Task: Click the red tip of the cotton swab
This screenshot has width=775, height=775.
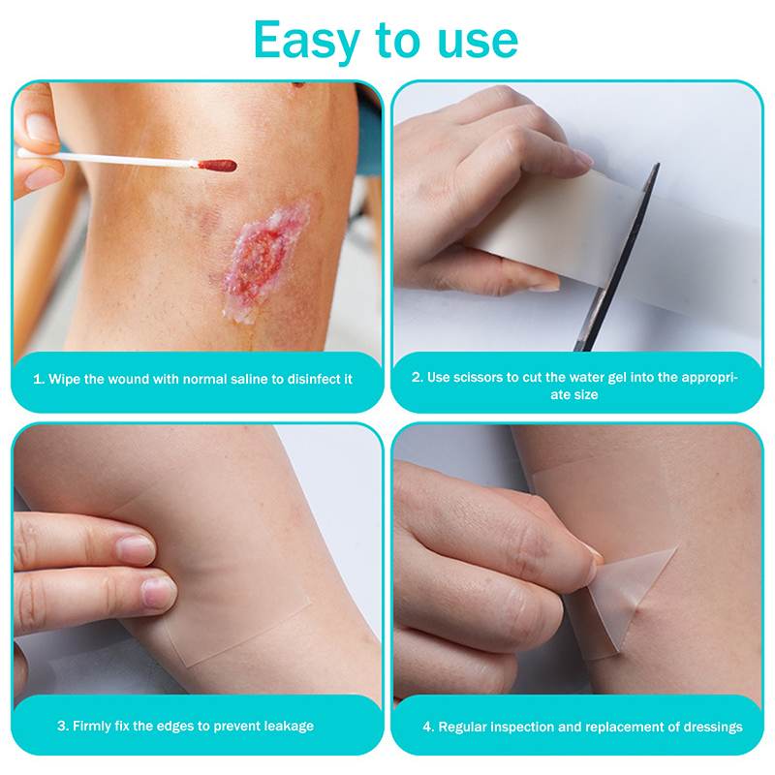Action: [x=217, y=166]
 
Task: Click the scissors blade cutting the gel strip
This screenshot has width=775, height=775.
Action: [x=618, y=257]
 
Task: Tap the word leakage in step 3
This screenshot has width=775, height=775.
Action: [x=289, y=726]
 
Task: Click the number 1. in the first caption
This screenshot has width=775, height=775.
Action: [x=39, y=379]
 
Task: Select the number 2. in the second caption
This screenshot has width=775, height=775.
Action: [x=418, y=378]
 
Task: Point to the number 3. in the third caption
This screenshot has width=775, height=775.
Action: [x=63, y=726]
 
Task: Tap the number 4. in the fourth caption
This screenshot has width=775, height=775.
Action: [x=428, y=728]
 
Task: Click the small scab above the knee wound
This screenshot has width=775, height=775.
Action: [x=298, y=84]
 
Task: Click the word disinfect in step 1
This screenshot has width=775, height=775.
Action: [x=314, y=379]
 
